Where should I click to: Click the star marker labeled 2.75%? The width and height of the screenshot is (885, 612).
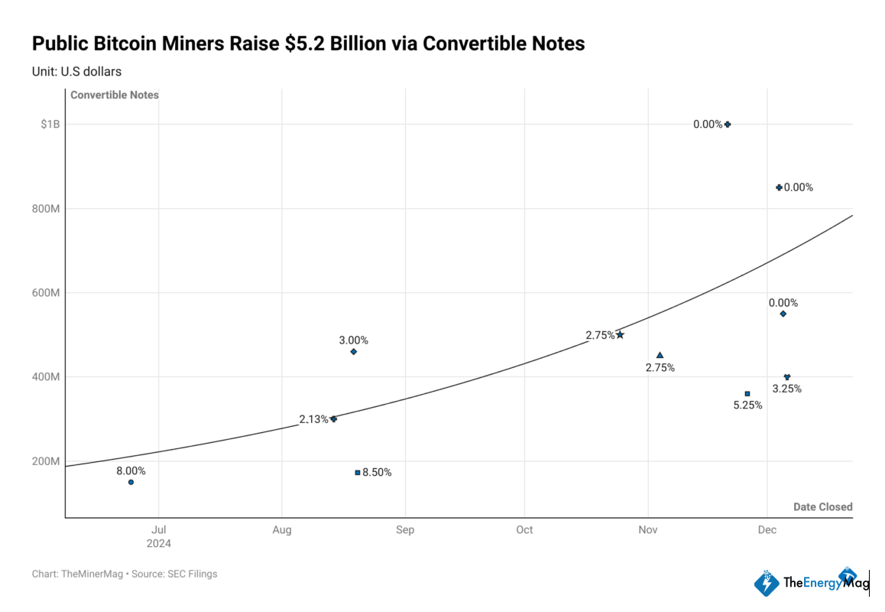click(x=620, y=334)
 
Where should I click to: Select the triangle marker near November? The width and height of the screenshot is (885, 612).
click(x=660, y=355)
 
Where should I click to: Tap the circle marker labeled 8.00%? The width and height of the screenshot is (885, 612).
click(x=131, y=482)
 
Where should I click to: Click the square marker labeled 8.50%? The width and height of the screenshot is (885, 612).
click(x=357, y=473)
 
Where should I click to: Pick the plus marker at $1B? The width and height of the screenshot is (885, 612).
click(x=728, y=124)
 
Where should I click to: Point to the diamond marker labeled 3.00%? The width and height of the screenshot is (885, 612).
click(x=353, y=352)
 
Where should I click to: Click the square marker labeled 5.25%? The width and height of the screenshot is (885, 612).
click(x=747, y=394)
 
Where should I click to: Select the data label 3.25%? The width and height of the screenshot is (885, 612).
click(x=786, y=389)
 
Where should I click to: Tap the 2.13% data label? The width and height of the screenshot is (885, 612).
click(x=313, y=419)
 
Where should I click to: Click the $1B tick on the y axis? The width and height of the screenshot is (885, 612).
click(x=50, y=124)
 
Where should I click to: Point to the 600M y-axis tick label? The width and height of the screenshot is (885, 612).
click(x=46, y=293)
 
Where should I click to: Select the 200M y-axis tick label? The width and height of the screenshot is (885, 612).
click(x=46, y=461)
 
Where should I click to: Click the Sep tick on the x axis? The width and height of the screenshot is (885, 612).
click(x=405, y=530)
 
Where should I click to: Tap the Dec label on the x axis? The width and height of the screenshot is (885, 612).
click(x=767, y=530)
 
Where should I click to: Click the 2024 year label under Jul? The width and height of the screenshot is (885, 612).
click(x=159, y=544)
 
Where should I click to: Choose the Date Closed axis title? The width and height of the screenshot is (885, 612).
click(x=822, y=507)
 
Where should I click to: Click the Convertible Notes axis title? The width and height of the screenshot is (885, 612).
click(x=115, y=95)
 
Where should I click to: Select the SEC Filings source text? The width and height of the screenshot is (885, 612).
click(x=192, y=574)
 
